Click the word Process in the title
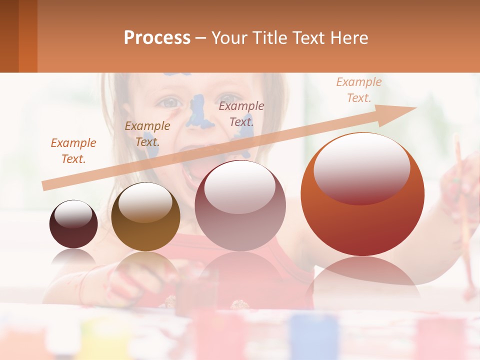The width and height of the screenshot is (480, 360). click(x=157, y=37)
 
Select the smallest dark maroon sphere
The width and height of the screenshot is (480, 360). click(x=73, y=224)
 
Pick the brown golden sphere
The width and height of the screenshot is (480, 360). click(x=145, y=216)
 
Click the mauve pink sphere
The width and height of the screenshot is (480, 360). click(x=240, y=205)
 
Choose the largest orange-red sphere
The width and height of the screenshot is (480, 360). click(x=362, y=194)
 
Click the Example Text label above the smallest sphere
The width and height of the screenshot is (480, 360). click(x=73, y=151)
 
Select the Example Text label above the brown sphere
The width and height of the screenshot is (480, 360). click(x=147, y=134)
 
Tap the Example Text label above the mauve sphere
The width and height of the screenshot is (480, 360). click(x=241, y=113)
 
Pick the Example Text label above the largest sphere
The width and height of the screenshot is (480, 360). click(x=358, y=90)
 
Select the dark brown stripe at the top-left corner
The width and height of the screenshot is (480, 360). click(x=9, y=36)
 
